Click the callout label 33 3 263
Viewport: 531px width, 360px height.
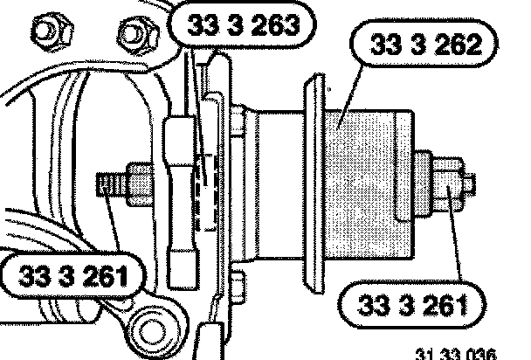[x=243, y=24]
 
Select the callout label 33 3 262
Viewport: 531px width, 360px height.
[x=424, y=44]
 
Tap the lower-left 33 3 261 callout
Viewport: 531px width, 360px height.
[x=73, y=275]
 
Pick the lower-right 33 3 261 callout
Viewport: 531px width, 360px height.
[x=412, y=305]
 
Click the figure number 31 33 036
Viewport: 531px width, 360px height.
[x=456, y=354]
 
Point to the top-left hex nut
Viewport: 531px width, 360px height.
[x=52, y=32]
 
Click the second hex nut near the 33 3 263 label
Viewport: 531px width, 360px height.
[x=138, y=35]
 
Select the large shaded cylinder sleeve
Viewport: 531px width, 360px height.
[x=369, y=184]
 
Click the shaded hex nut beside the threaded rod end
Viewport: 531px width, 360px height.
[x=140, y=184]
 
